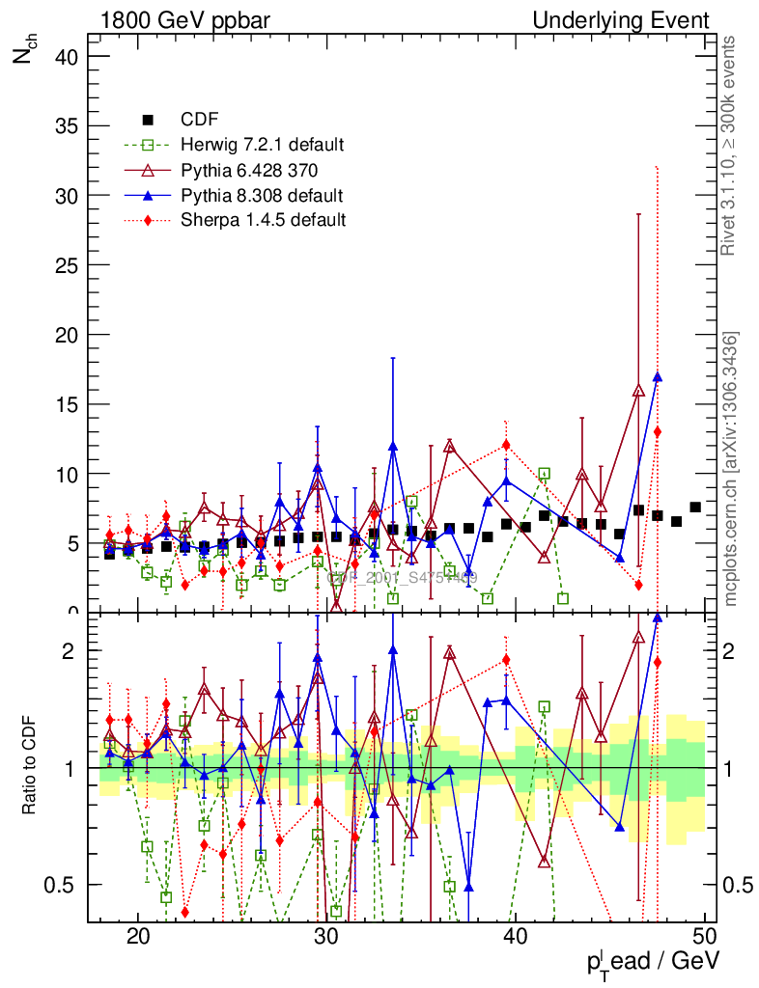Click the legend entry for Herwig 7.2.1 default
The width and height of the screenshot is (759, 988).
click(262, 145)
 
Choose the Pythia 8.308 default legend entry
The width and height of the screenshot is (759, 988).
click(262, 195)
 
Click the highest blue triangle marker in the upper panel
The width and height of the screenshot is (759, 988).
click(657, 377)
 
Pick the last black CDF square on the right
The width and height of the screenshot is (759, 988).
click(695, 508)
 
